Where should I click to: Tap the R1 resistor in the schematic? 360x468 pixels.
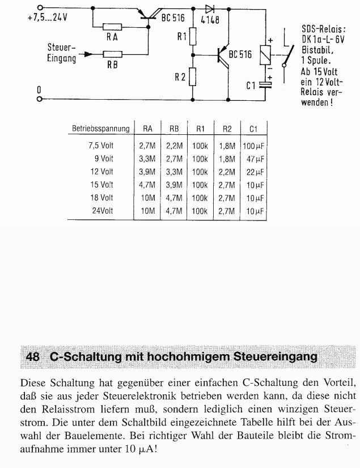pos(193,37)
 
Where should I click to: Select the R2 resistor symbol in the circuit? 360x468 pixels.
pos(193,75)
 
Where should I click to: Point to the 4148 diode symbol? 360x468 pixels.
pos(209,9)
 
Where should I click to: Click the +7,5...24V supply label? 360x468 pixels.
pos(47,16)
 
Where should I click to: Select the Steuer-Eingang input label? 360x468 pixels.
pos(62,53)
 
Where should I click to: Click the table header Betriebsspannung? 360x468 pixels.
pos(101,129)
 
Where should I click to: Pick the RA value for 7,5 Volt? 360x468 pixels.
pos(147,146)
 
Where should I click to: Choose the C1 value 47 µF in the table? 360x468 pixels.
pos(252,159)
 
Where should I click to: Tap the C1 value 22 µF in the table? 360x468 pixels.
pos(252,172)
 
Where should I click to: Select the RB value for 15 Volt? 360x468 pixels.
pos(173,185)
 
